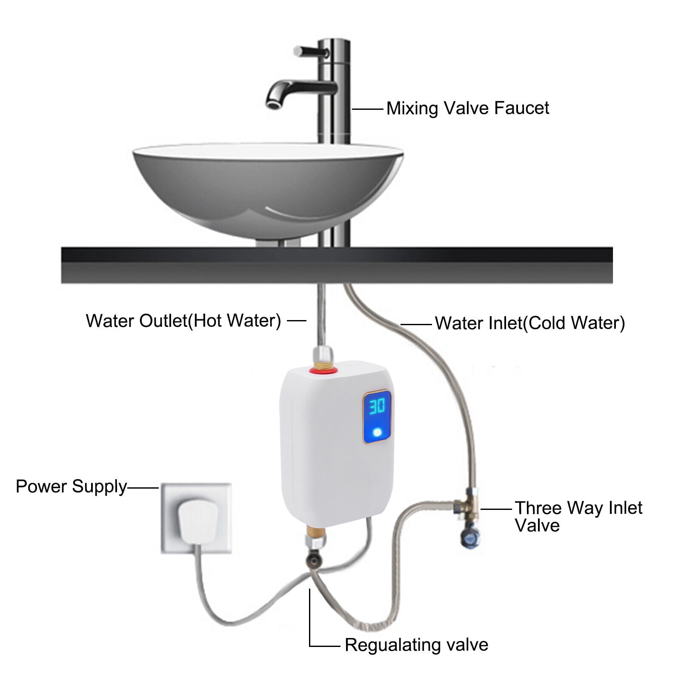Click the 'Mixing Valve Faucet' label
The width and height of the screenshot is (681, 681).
467,108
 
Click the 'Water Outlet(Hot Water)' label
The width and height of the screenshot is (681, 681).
183,320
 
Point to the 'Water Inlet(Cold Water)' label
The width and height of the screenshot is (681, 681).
529,323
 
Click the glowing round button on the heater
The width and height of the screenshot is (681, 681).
377,433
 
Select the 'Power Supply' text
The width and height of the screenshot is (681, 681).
71,486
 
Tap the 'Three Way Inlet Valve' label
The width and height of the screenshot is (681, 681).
578,516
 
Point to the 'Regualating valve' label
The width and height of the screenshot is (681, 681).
416,645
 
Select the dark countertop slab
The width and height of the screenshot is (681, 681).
336,265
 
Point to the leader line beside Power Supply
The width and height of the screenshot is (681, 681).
143,488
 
